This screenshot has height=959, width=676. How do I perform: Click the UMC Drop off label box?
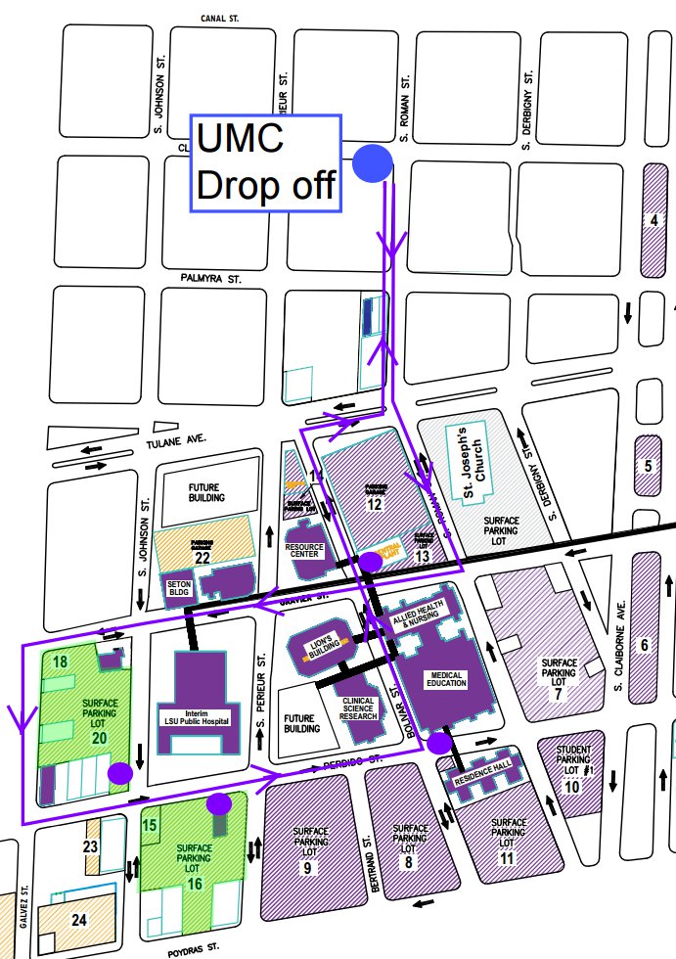click(265, 162)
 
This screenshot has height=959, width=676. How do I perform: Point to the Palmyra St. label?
click(211, 279)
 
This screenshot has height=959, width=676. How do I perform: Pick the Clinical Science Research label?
click(359, 707)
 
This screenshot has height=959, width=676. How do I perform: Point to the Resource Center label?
click(306, 551)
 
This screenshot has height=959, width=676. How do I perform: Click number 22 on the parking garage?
click(203, 558)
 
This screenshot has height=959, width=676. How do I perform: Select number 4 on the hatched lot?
click(654, 219)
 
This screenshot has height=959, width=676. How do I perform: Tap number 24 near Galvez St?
click(79, 919)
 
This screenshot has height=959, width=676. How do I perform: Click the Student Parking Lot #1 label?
click(572, 759)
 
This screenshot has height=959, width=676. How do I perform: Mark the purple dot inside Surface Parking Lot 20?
click(119, 773)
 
